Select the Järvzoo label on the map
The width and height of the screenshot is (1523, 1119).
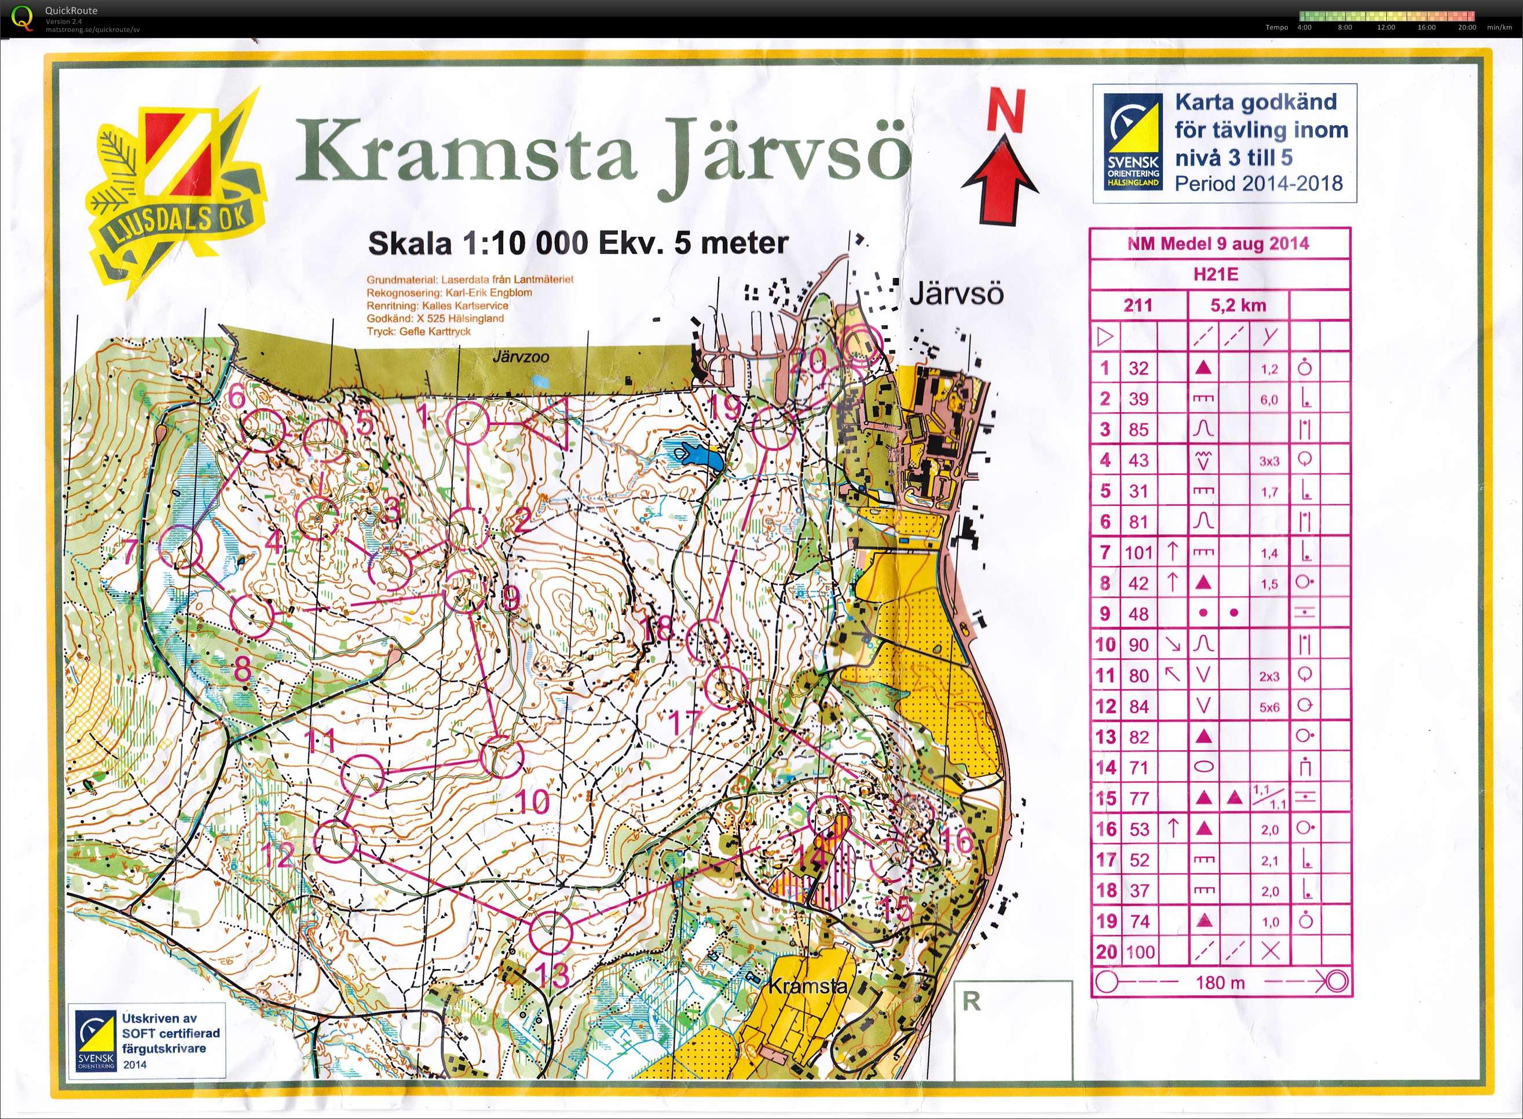(521, 357)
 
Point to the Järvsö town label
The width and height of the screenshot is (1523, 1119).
(956, 294)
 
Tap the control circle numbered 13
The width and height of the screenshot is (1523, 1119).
(550, 933)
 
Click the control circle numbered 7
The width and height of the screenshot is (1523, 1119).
(181, 547)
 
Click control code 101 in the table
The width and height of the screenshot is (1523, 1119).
(1138, 553)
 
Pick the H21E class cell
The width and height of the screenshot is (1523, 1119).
(1216, 274)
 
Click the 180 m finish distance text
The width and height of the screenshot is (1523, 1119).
(1220, 983)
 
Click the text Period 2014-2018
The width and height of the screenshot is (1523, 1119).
(1258, 184)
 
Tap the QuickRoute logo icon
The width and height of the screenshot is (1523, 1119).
(23, 17)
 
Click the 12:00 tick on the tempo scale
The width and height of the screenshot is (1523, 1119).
(1386, 28)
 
